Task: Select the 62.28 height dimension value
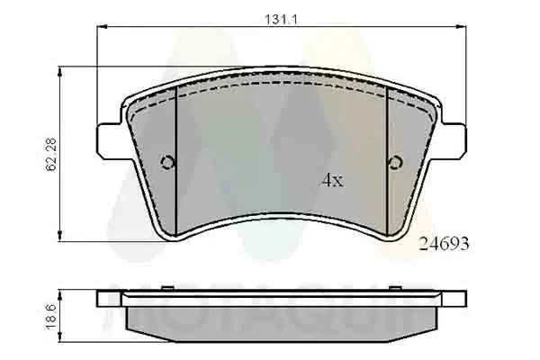(x=51, y=154)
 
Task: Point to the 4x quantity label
(x=332, y=179)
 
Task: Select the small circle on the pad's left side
(x=166, y=163)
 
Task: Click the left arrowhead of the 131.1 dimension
(x=101, y=29)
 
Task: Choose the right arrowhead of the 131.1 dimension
(x=461, y=29)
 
